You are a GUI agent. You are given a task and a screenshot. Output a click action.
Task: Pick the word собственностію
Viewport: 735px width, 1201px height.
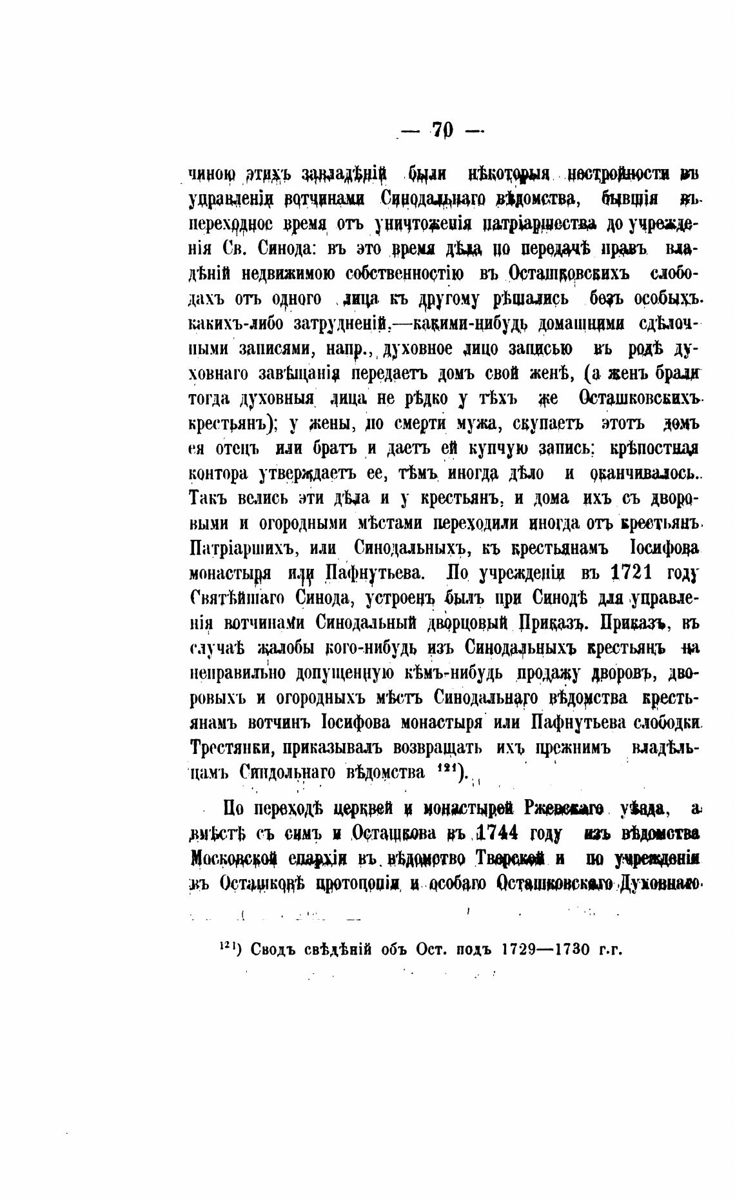404,273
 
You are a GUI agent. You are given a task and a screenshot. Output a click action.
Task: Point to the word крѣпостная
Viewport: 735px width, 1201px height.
651,448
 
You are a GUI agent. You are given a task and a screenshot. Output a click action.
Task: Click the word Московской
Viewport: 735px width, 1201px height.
235,858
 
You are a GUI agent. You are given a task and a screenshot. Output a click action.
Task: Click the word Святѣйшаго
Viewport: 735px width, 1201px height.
237,599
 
